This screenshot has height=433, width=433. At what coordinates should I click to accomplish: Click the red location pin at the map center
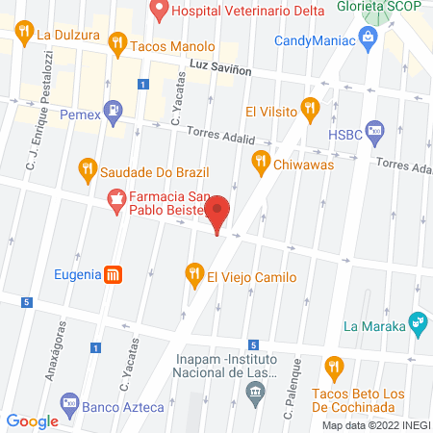point(218,213)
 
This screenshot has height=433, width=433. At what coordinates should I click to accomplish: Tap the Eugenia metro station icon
point(114,274)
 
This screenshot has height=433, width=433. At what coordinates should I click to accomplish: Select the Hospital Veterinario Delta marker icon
point(160,12)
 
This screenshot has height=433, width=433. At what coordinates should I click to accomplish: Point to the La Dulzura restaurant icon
point(24,35)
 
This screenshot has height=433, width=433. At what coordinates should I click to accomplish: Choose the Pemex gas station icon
point(114,110)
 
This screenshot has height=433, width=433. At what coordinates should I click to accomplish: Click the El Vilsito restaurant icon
point(309,108)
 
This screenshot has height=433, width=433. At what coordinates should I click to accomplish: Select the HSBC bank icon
point(376,132)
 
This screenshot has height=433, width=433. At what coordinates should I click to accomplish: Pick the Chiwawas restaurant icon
point(260,161)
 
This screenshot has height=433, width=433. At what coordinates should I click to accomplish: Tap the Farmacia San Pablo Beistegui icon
point(115,200)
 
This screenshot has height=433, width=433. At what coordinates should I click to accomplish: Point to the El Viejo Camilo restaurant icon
point(193,275)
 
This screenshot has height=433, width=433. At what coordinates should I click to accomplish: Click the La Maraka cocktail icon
point(417,322)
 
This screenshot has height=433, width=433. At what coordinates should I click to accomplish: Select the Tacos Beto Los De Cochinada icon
point(334,366)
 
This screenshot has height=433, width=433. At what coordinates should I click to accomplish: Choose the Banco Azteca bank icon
point(68,402)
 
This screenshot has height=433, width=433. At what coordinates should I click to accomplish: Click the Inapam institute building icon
point(255,391)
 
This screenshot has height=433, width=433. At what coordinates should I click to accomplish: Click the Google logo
point(33,420)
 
